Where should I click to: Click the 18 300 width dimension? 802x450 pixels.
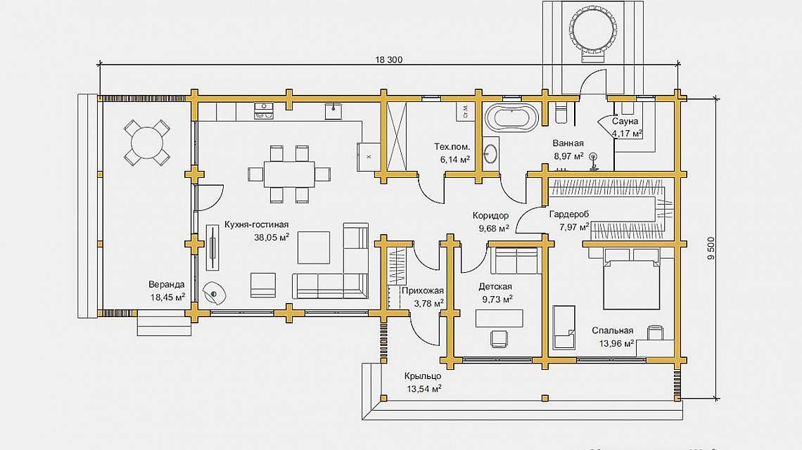pos(388,60)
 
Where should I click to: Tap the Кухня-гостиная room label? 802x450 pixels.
pos(257,225)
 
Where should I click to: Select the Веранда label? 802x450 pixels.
pos(167,285)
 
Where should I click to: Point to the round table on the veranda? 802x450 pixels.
pos(146,142)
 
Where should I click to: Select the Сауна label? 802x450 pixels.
pos(625,122)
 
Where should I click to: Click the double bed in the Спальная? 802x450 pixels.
pos(631,283)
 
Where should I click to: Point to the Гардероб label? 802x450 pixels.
pos(569,214)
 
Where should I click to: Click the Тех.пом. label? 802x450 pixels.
pos(452,147)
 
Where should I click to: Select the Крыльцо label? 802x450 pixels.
pos(423,376)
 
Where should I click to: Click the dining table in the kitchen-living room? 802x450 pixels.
pos(289,174)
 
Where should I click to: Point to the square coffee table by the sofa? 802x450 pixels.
pos(314,247)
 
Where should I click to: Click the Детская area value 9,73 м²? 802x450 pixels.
pos(497,299)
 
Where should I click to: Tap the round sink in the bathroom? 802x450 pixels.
pos(489,151)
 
